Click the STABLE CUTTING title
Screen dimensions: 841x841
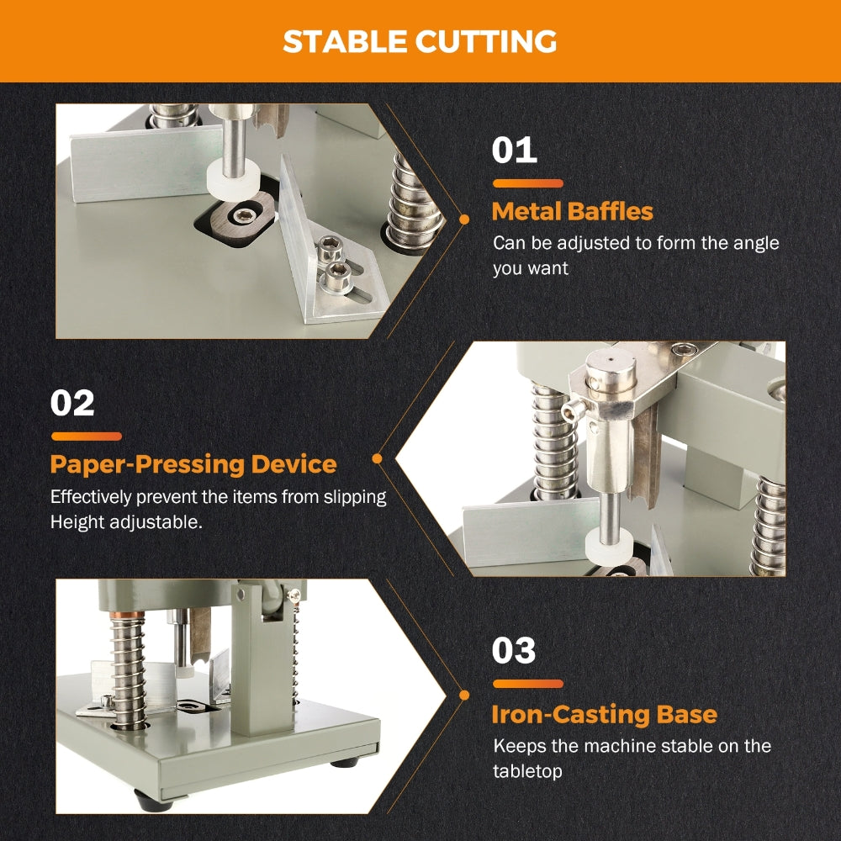click(x=420, y=41)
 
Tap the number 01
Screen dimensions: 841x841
click(x=515, y=151)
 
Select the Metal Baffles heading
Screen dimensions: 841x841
click(x=572, y=211)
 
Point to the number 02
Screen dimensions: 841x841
click(x=72, y=403)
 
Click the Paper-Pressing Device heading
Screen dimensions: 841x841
click(x=193, y=464)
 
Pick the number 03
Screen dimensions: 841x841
click(x=514, y=651)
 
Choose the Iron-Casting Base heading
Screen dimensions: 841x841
click(x=605, y=714)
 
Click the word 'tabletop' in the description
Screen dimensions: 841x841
click(x=528, y=771)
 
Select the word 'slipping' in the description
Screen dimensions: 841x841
click(x=355, y=497)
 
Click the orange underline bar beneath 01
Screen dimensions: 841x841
click(x=528, y=183)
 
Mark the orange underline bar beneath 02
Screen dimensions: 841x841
click(x=87, y=436)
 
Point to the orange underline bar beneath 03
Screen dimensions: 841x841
click(x=528, y=684)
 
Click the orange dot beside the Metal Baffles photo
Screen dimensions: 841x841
click(x=464, y=220)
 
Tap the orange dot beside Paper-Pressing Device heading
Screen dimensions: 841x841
click(x=377, y=458)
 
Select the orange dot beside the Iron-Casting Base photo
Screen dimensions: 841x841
click(x=464, y=696)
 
